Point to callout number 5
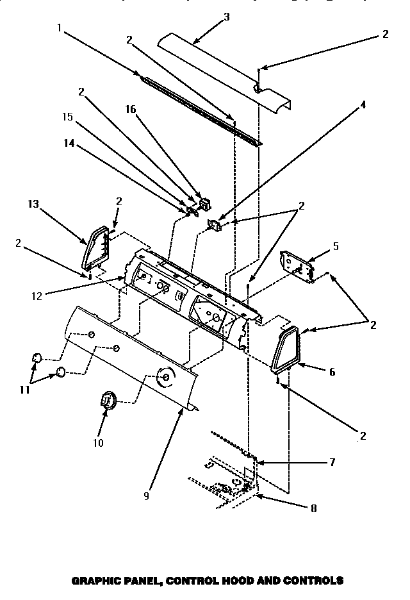pyautogui.click(x=336, y=246)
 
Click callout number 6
pyautogui.click(x=331, y=371)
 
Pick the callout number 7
pyautogui.click(x=332, y=462)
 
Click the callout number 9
pyautogui.click(x=146, y=496)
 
